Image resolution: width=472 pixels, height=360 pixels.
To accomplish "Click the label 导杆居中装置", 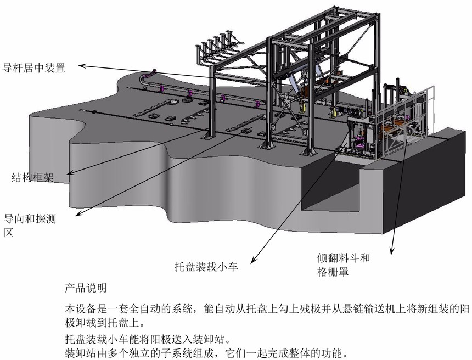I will (x=34, y=69).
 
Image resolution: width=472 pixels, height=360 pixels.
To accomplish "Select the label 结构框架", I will (x=32, y=177).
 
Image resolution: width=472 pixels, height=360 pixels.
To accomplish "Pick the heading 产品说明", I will (x=86, y=288).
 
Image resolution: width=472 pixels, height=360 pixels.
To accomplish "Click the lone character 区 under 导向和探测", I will (x=9, y=233).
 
